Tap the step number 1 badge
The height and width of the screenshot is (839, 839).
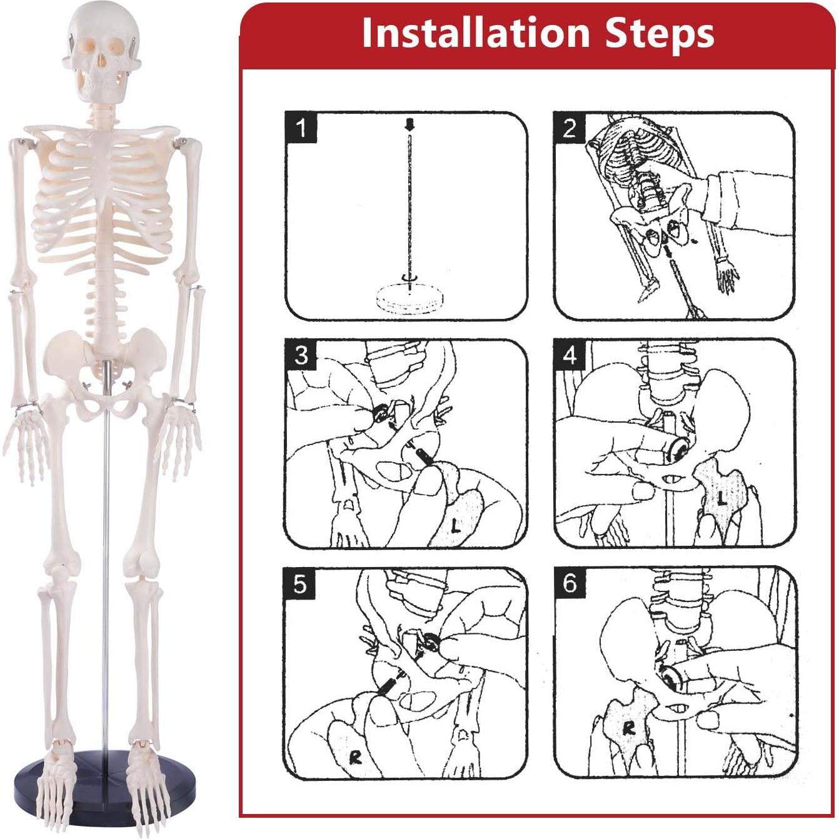pos(301,128)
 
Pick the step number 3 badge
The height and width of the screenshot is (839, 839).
pos(301,355)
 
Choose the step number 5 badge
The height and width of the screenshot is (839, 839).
pos(300,584)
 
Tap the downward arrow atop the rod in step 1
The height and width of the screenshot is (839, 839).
pos(409,126)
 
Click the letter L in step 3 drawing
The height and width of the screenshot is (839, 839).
pos(456,526)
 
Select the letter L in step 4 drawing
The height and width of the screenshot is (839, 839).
pos(722,498)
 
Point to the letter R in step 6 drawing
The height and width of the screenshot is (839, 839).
pos(628,727)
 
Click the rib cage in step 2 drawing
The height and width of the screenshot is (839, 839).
pos(631,156)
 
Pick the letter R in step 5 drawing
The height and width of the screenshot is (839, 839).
pos(355,757)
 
